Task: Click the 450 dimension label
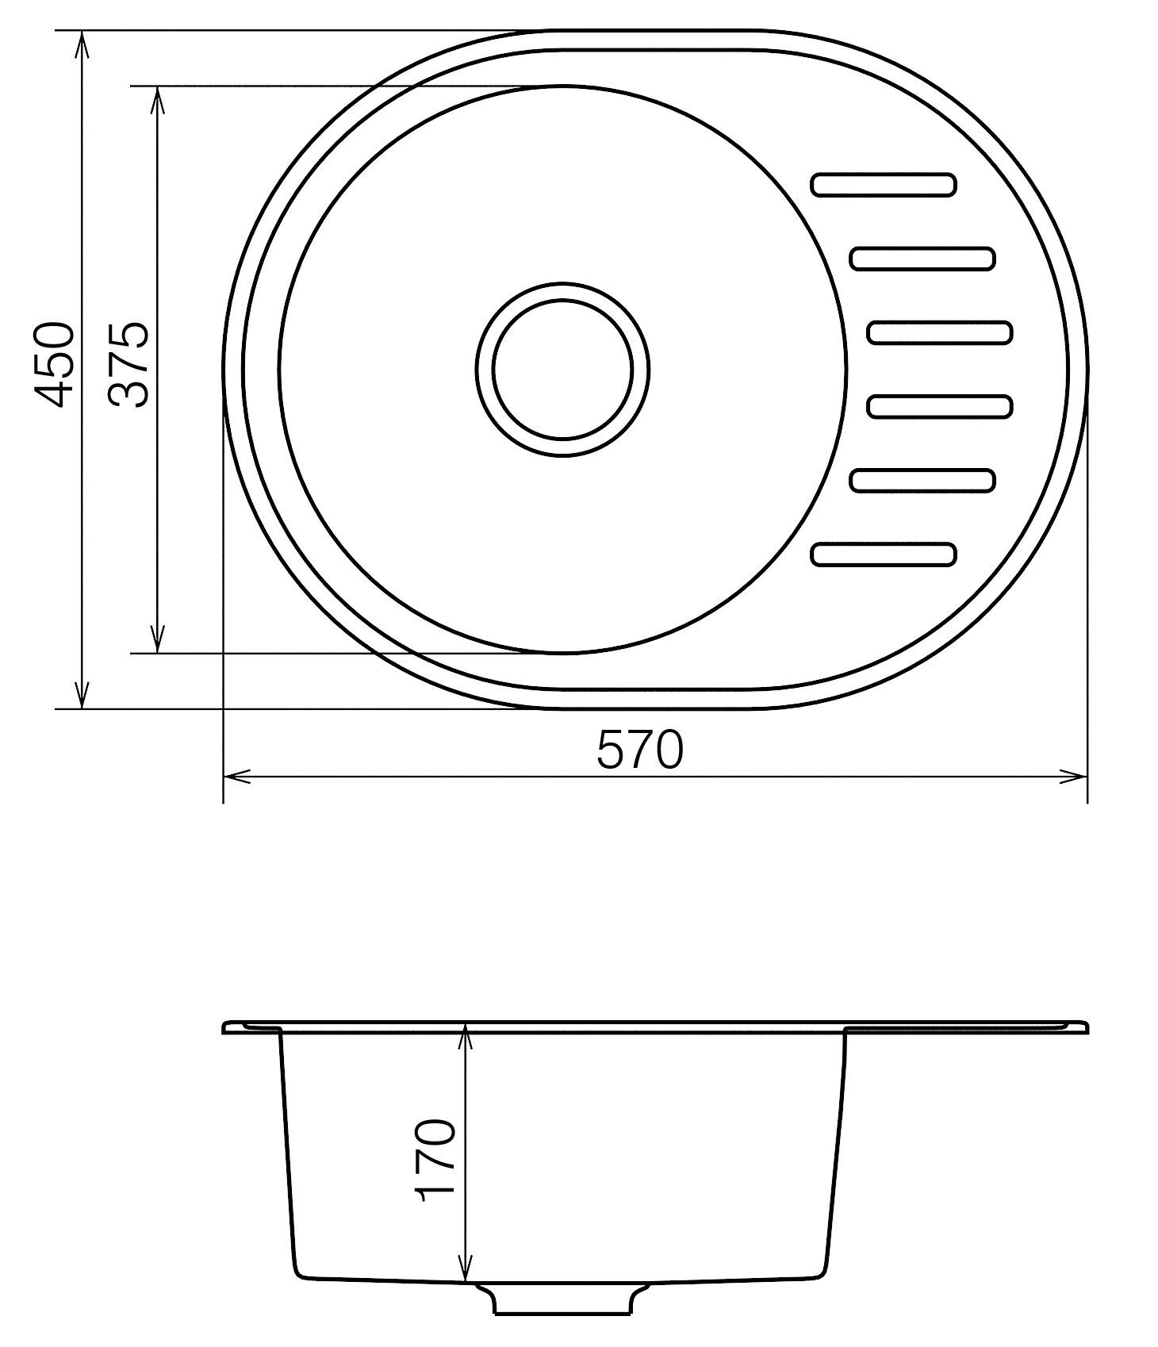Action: coord(56,364)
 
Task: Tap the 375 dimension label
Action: coord(129,364)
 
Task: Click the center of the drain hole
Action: coord(562,369)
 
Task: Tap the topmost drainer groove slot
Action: coord(884,184)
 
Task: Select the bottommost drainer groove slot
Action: coord(884,555)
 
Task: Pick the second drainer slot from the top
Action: coord(922,259)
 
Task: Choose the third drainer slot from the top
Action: coord(940,332)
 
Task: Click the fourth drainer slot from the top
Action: coord(940,406)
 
